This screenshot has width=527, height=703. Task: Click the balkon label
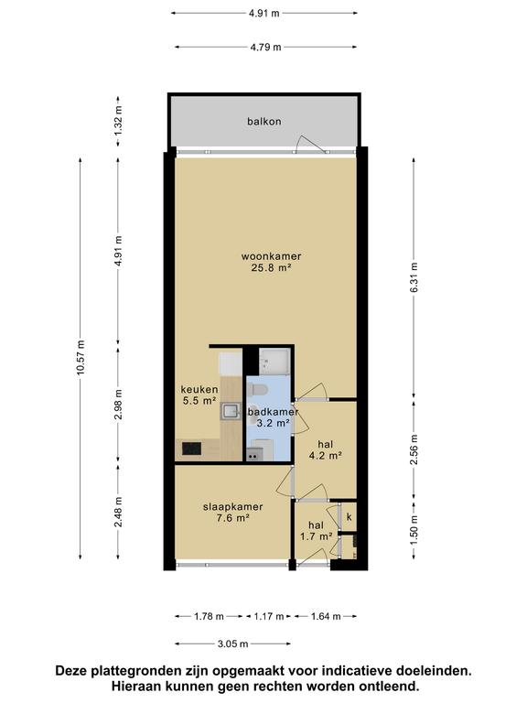coord(263,121)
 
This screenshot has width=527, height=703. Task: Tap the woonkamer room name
coord(271,256)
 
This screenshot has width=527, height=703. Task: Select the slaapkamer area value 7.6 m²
coord(232,518)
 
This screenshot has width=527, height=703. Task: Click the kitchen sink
coord(231,410)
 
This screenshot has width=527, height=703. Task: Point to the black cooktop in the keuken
coord(191,449)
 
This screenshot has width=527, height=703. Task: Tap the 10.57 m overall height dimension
coord(81,358)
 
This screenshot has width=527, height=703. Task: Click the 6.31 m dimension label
coord(414,277)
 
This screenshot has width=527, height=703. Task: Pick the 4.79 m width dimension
coord(265,47)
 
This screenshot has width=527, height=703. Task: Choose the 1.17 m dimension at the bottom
coord(269,616)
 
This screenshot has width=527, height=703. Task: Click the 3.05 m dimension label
coord(232,644)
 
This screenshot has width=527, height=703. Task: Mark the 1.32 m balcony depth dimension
coord(118,121)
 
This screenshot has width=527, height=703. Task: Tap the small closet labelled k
coord(350,517)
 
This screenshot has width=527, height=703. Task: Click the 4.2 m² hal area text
coord(326,456)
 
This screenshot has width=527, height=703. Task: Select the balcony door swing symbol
coord(312,145)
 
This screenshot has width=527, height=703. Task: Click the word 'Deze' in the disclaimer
coord(71,671)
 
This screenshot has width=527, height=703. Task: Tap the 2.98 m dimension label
coord(118,405)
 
